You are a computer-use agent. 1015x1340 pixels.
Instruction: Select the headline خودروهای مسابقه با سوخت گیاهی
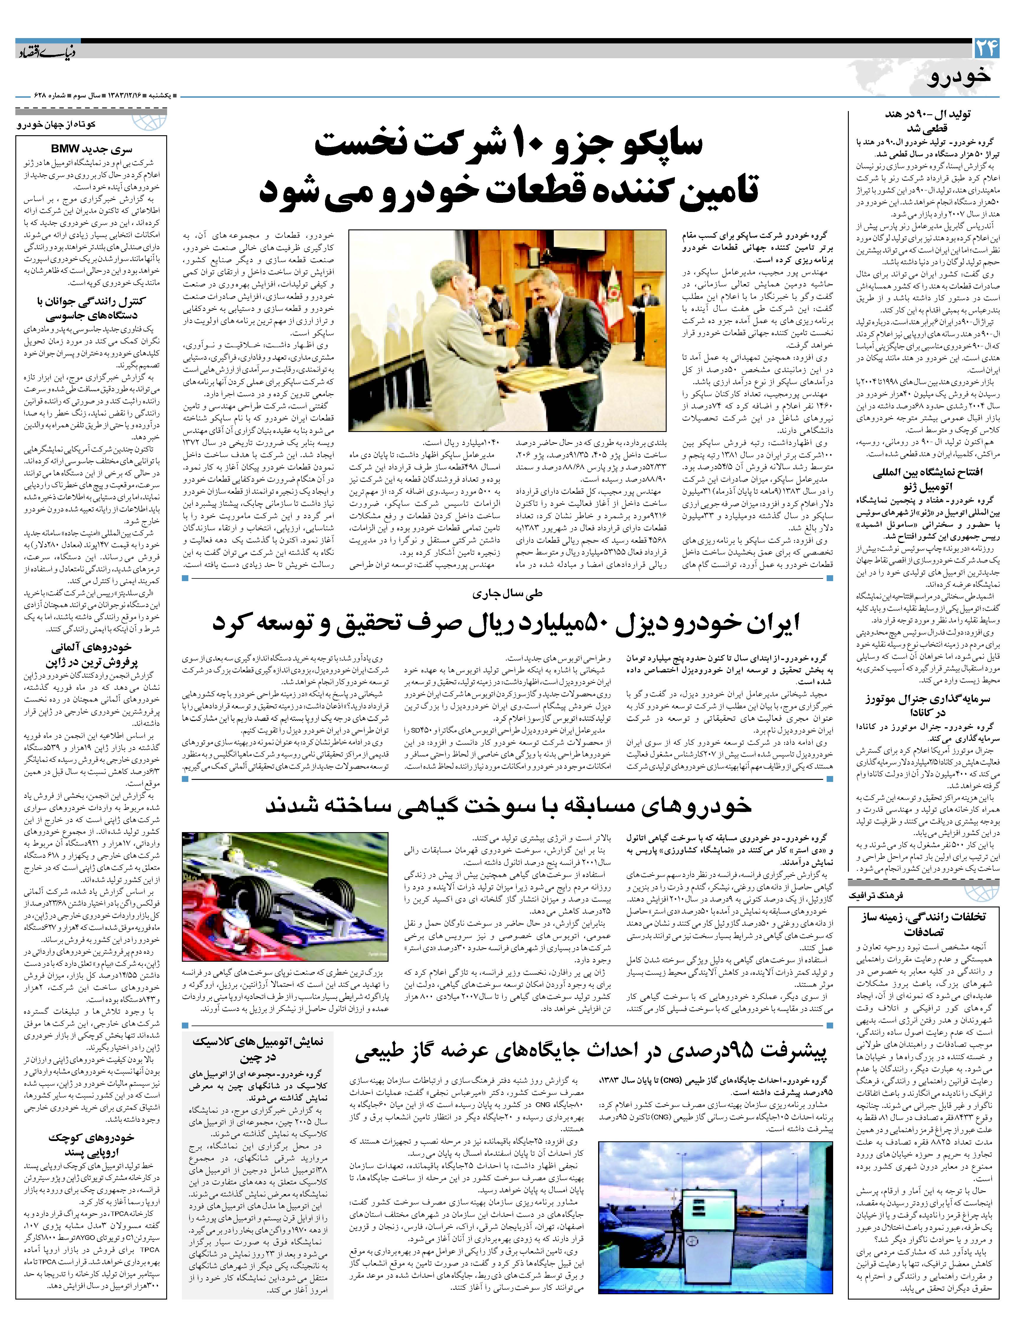click(509, 805)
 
